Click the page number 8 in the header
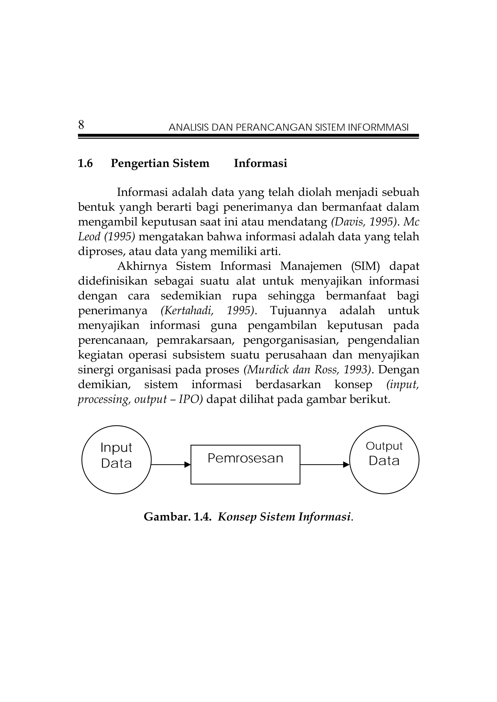81,125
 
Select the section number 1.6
85,164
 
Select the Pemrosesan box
245,464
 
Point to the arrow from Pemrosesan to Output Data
324,465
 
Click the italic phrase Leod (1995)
106,237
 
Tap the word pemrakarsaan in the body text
195,340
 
